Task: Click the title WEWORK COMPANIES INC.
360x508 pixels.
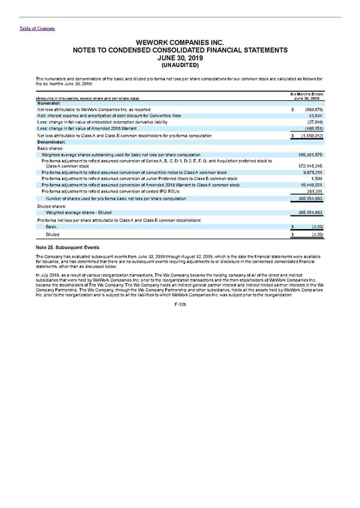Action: (x=180, y=44)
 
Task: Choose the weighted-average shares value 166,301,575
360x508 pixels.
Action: (x=311, y=155)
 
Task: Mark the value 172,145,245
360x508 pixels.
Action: (x=311, y=164)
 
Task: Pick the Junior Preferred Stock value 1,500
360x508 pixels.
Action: (x=318, y=178)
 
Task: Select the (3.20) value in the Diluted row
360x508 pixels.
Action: (x=316, y=236)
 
